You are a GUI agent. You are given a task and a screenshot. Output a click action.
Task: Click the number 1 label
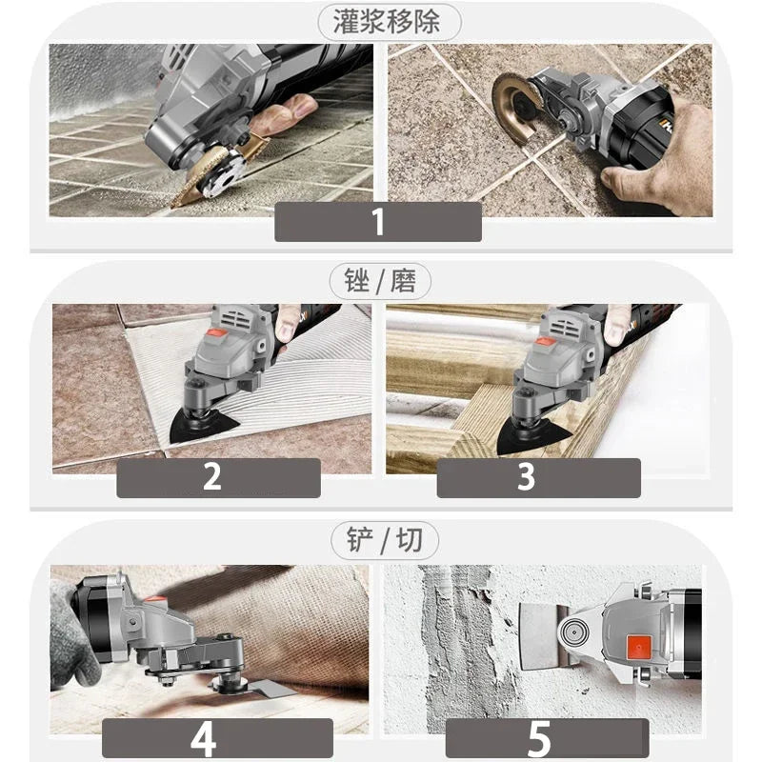(x=378, y=221)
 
